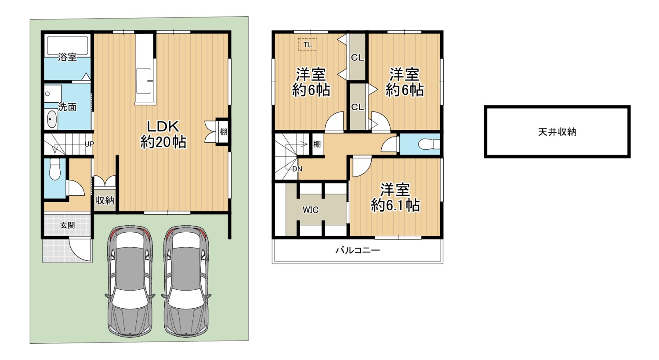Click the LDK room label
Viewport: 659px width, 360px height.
(x=163, y=127)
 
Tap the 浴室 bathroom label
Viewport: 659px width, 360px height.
(x=67, y=57)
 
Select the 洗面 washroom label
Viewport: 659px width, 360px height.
(x=67, y=107)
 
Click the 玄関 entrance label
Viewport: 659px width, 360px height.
(x=67, y=225)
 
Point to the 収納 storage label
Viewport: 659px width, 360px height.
(x=105, y=201)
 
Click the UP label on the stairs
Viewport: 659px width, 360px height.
(x=89, y=144)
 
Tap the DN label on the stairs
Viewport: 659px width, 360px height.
(x=297, y=169)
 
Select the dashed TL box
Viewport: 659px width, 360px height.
(x=308, y=45)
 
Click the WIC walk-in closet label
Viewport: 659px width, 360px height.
(x=310, y=210)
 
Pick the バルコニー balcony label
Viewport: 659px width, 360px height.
(x=358, y=251)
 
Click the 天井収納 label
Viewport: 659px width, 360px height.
(x=557, y=132)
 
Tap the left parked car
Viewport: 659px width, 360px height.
(x=130, y=281)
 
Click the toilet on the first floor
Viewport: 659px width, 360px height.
(x=54, y=169)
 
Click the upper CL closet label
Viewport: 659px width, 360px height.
(x=357, y=58)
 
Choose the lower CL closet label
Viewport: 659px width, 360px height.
(x=357, y=107)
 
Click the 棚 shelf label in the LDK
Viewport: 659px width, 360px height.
(x=223, y=131)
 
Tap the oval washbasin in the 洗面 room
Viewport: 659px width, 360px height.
(x=52, y=119)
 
